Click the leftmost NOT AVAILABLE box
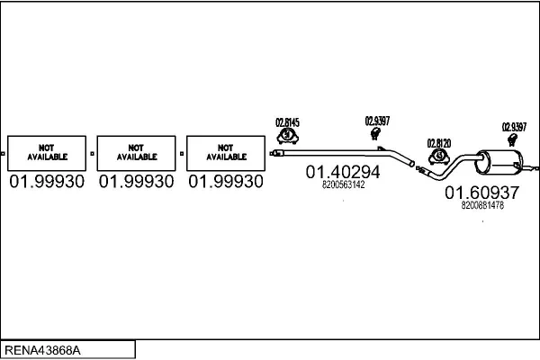(47, 153)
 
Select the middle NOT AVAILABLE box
(136, 153)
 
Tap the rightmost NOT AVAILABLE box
(226, 153)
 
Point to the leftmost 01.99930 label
(47, 182)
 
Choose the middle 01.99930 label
(136, 182)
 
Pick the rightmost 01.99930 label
(226, 182)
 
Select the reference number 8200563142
(343, 185)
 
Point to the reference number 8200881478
(481, 205)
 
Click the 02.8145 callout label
(287, 123)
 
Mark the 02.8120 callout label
(439, 142)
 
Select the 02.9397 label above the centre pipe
(377, 121)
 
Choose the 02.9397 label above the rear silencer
(514, 126)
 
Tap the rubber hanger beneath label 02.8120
(439, 157)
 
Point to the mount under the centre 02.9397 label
(375, 135)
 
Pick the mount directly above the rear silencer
(514, 140)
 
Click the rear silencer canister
(500, 164)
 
